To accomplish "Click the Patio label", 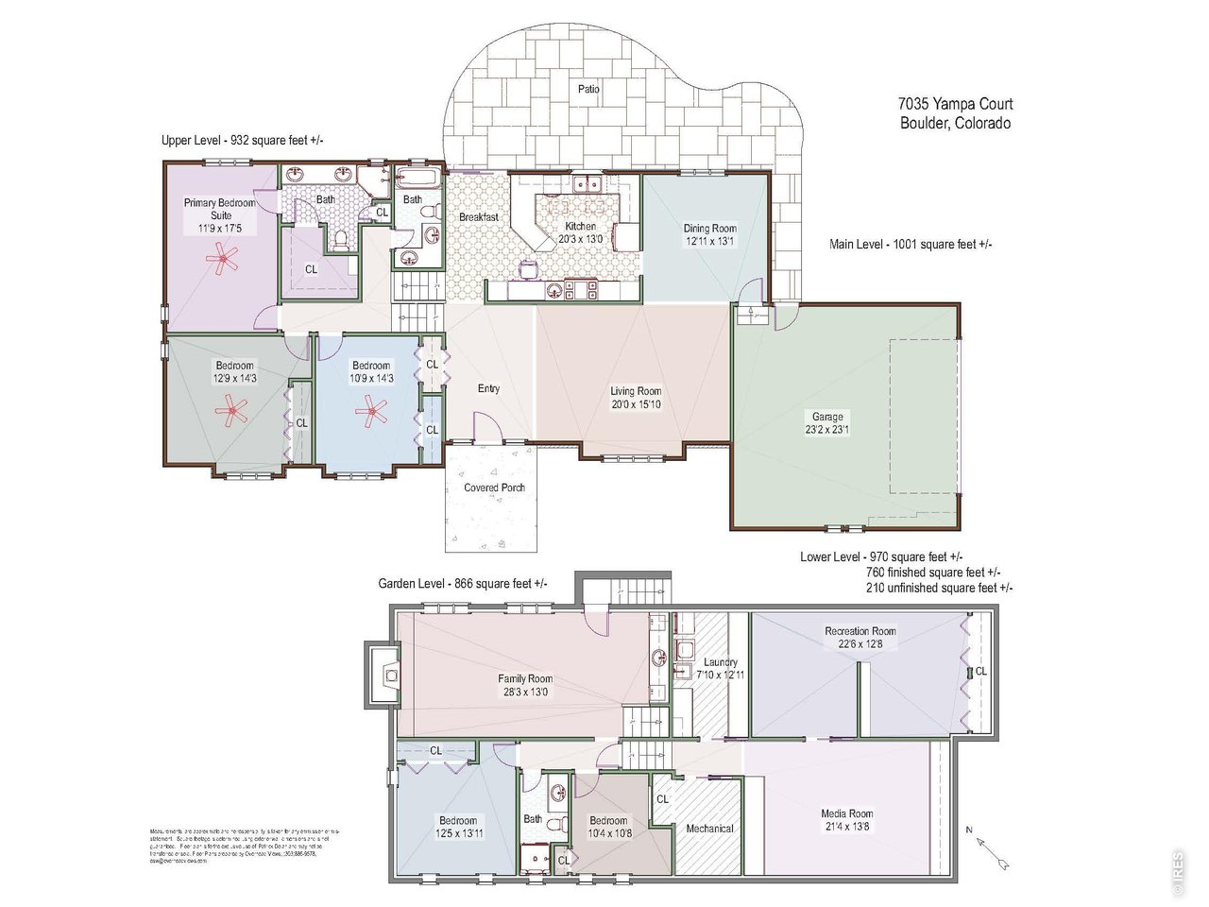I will coord(588,89).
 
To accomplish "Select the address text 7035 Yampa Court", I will coord(955,105).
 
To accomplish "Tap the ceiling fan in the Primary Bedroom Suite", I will coord(223,259).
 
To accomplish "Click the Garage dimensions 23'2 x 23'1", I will coord(827,430).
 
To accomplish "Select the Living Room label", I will coord(635,391).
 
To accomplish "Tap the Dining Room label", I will coord(709,228).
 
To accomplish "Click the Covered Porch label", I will coord(494,488).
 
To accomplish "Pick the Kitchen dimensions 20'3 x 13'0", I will coord(580,239).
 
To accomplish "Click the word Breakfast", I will coord(478,217).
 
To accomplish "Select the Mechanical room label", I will coord(709,829).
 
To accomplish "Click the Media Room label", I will coord(846,813).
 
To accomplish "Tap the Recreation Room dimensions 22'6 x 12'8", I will coord(860,644).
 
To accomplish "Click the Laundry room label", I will coord(720,662).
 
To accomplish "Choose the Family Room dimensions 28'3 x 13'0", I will coord(525,692).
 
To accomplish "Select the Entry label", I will coord(488,388).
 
